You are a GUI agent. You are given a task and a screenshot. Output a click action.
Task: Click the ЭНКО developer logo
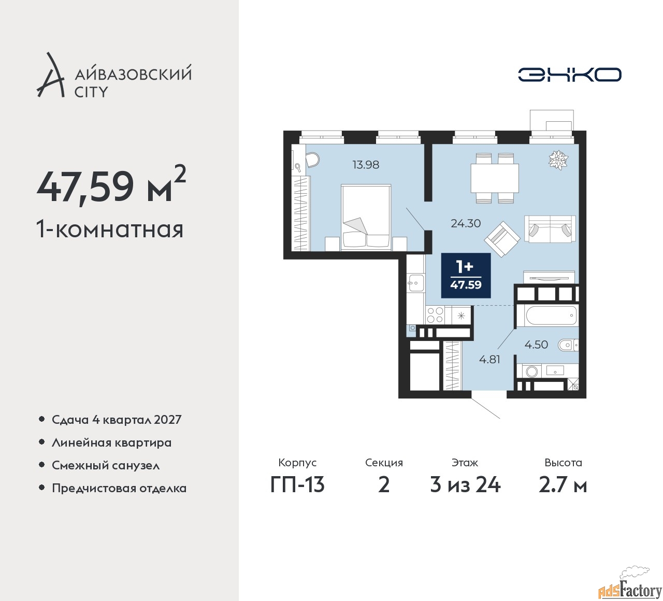[569, 75]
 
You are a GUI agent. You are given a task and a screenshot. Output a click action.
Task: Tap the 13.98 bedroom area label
[366, 165]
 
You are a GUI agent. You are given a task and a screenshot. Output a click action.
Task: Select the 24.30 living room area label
[466, 223]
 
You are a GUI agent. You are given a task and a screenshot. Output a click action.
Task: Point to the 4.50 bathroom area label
[536, 345]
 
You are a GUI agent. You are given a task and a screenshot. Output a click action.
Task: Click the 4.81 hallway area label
[489, 359]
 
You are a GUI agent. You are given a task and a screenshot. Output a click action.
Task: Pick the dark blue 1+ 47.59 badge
[466, 276]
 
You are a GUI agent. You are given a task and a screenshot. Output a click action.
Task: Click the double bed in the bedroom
[366, 218]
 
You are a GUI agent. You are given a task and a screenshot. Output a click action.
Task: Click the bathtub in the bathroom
[551, 314]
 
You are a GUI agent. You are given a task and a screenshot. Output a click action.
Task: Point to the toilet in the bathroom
[568, 345]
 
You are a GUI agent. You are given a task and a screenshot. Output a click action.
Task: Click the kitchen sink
[415, 283]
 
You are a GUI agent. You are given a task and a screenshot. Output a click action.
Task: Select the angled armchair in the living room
[502, 238]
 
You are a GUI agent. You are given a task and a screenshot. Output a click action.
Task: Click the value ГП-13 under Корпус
[297, 485]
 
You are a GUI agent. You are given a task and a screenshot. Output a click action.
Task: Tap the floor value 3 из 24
[465, 485]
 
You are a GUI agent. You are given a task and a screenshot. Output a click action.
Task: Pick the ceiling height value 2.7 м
[563, 485]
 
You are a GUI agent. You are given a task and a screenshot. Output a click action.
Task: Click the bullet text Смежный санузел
[106, 465]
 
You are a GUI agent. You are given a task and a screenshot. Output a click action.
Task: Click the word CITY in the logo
[92, 92]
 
